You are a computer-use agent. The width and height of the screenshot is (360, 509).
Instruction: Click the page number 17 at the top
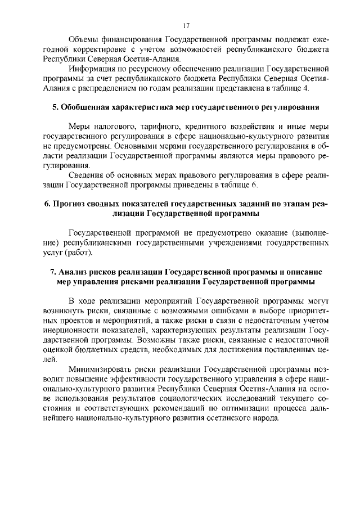[186, 25]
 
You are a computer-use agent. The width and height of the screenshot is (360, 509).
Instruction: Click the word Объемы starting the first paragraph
[84, 40]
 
